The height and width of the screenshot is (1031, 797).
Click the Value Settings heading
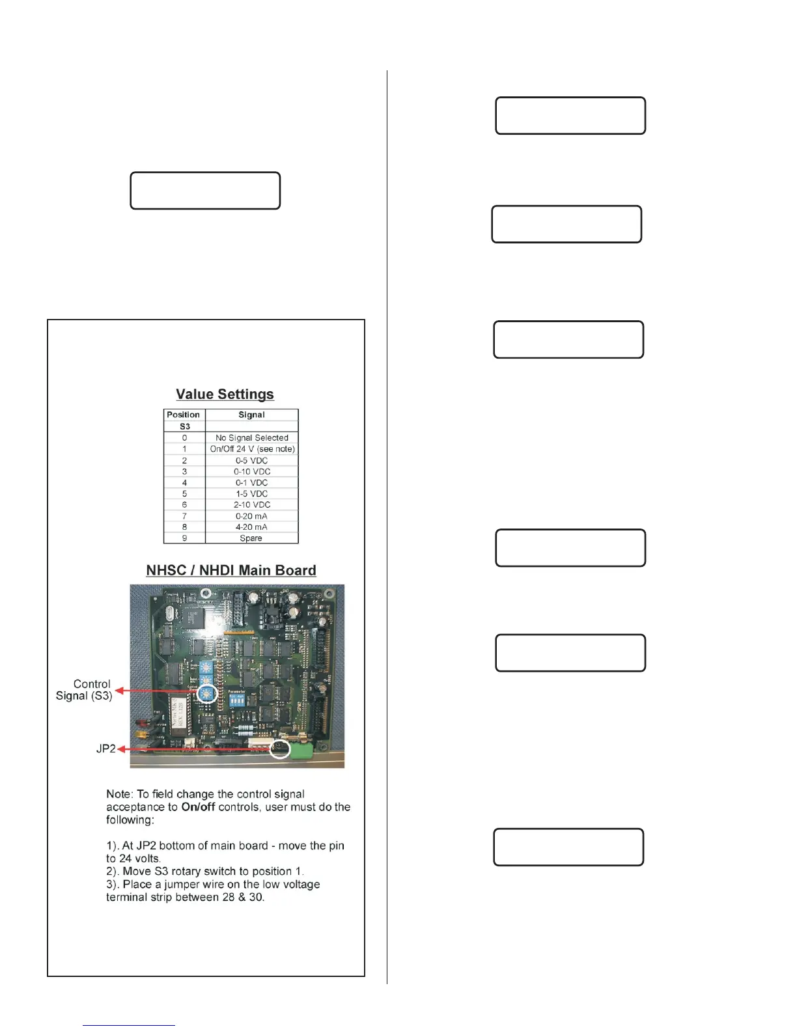click(225, 394)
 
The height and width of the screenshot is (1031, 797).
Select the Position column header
click(184, 415)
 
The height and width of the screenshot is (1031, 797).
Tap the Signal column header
click(251, 415)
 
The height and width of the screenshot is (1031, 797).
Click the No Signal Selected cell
click(251, 438)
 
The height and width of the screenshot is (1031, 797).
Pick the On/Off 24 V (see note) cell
click(252, 449)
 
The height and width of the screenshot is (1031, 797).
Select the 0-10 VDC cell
click(251, 471)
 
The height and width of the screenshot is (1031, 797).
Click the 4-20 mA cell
click(251, 527)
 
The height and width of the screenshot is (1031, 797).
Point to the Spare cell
click(251, 538)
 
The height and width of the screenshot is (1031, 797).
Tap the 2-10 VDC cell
click(251, 504)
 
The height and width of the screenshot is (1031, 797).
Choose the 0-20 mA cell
click(251, 516)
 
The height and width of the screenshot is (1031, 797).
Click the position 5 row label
click(184, 493)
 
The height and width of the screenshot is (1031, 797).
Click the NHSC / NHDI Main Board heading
click(231, 571)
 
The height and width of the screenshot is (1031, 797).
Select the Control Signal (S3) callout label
click(85, 690)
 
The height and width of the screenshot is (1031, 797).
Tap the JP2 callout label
click(105, 749)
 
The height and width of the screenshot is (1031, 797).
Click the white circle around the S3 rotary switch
click(207, 693)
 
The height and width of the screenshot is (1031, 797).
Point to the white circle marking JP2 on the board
click(280, 749)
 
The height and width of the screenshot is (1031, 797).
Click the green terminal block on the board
click(301, 750)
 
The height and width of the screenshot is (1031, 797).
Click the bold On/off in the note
click(198, 807)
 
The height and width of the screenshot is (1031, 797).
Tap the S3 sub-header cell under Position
click(184, 426)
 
